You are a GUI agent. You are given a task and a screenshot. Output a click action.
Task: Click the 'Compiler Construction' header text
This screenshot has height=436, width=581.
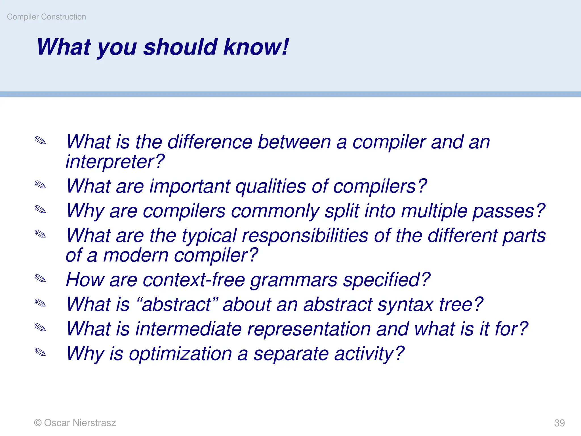pyautogui.click(x=46, y=17)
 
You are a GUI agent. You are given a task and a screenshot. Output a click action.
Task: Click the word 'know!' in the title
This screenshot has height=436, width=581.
pyautogui.click(x=256, y=47)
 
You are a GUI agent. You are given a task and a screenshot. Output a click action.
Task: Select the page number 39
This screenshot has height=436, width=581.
pyautogui.click(x=559, y=423)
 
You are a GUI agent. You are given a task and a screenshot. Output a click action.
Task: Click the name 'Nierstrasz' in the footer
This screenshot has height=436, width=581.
pyautogui.click(x=94, y=423)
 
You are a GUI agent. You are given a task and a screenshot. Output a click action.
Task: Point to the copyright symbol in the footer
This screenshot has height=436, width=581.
pyautogui.click(x=37, y=423)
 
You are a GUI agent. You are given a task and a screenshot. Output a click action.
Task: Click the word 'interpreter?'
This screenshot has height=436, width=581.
pyautogui.click(x=115, y=162)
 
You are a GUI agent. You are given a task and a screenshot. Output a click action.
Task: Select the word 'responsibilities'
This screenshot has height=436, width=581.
pyautogui.click(x=305, y=236)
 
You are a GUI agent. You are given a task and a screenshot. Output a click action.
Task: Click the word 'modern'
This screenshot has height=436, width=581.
pyautogui.click(x=136, y=255)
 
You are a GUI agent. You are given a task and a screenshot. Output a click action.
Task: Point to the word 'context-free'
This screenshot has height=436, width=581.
pyautogui.click(x=194, y=280)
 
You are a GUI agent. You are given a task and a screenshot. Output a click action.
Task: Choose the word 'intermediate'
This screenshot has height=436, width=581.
pyautogui.click(x=188, y=329)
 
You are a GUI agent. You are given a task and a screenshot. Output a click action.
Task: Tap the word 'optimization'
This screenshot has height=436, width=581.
pyautogui.click(x=180, y=354)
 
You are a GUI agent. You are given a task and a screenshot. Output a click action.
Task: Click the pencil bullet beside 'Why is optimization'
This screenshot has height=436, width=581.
pyautogui.click(x=40, y=352)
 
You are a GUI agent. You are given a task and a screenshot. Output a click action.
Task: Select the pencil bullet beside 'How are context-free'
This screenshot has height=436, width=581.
pyautogui.click(x=40, y=278)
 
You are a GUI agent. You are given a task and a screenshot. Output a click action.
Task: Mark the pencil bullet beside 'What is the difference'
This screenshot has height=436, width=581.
pyautogui.click(x=40, y=140)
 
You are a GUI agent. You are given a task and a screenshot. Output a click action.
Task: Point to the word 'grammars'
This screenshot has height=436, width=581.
pyautogui.click(x=294, y=280)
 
